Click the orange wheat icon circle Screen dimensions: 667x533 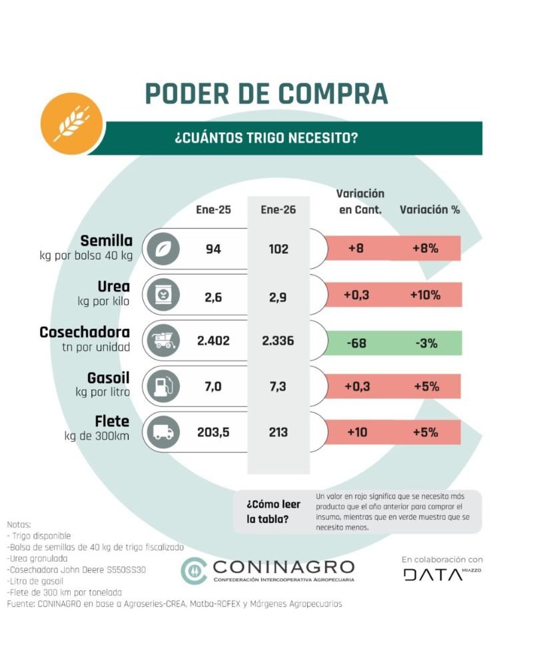click(67, 124)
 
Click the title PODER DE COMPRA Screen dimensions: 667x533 click(266, 93)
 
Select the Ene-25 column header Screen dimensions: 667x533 click(213, 209)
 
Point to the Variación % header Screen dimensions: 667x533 click(430, 209)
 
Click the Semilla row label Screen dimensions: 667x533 click(106, 240)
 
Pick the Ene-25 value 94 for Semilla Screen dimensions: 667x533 click(213, 249)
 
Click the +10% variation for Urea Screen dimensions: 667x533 click(425, 295)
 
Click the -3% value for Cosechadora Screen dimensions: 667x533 click(425, 343)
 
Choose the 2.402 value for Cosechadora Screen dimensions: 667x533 click(213, 341)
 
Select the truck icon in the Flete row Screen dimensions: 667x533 click(163, 432)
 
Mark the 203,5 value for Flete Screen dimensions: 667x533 click(213, 432)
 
